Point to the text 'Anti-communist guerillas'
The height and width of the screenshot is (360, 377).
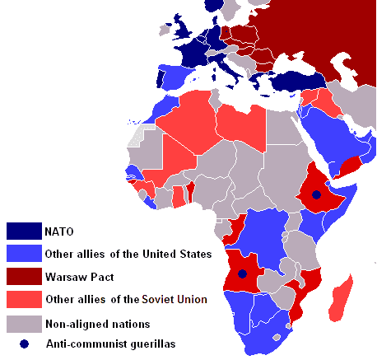[116, 344]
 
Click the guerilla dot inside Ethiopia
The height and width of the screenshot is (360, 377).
[316, 195]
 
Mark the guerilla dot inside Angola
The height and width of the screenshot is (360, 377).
[242, 274]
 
